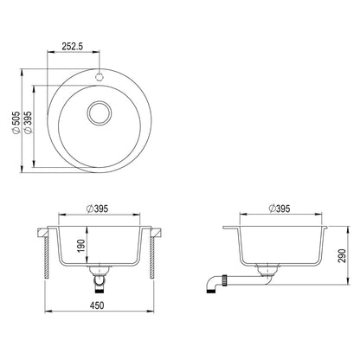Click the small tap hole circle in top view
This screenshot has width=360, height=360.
click(x=100, y=75)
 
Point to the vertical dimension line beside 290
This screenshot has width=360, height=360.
click(x=333, y=257)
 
